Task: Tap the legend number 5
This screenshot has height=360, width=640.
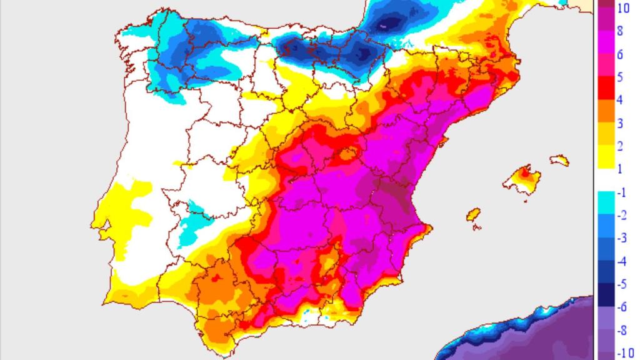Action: [x=620, y=77]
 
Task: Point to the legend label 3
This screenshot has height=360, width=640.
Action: [x=620, y=124]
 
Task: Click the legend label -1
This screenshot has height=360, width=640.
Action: [x=621, y=192]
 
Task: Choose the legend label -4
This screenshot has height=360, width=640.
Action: [x=621, y=261]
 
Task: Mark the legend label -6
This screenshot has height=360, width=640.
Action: [x=621, y=307]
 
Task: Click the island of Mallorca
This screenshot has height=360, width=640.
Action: [x=525, y=182]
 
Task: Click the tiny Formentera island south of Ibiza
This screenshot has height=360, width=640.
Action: [x=477, y=227]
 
